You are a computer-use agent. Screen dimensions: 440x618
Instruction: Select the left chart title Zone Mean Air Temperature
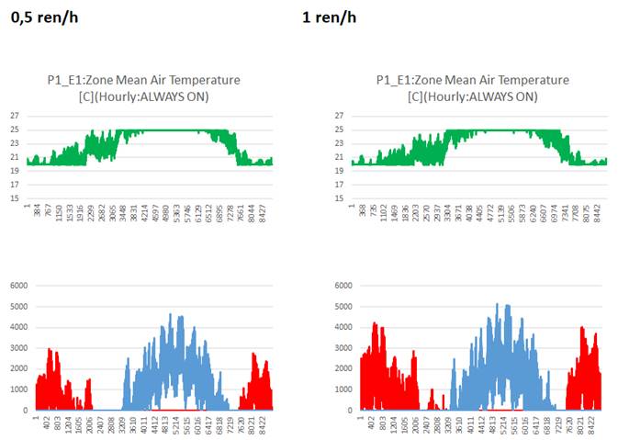pos(143,80)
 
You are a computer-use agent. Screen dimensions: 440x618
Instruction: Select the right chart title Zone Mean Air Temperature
pos(472,80)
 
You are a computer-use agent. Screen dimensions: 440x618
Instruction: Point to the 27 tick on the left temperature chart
pos(15,116)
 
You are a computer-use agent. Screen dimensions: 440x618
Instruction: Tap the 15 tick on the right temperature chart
pos(340,198)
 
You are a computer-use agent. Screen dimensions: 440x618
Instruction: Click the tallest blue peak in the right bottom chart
pos(496,305)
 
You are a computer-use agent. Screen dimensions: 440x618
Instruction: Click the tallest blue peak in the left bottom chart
pos(170,315)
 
